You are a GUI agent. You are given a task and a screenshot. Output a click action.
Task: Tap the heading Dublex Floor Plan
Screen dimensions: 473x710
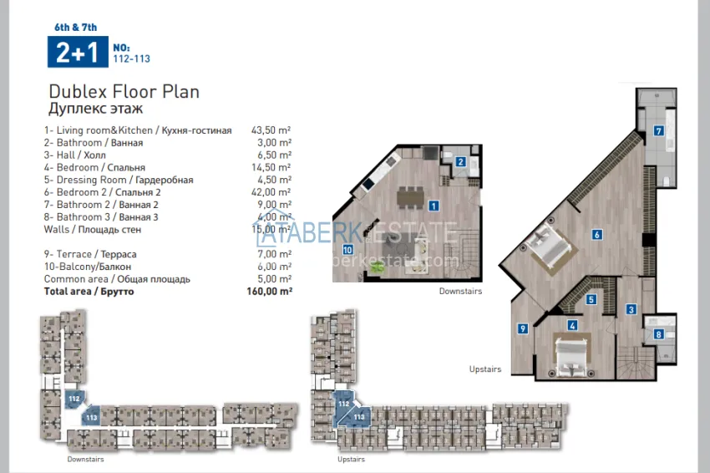pos(124,92)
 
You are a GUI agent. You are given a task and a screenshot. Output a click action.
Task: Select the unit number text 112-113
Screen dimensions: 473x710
pos(131,59)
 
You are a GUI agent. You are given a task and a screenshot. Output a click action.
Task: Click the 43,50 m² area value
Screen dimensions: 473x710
pos(271,130)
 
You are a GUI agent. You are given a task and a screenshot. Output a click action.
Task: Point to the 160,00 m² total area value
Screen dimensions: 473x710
pos(272,292)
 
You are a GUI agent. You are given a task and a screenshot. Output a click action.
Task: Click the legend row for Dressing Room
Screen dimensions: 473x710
pos(119,180)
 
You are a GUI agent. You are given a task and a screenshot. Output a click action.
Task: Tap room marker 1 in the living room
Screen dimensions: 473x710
pos(434,205)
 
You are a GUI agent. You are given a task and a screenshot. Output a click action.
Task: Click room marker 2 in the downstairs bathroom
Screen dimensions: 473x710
pos(460,162)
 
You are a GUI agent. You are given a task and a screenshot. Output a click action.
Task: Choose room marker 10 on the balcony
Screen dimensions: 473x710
pos(347,249)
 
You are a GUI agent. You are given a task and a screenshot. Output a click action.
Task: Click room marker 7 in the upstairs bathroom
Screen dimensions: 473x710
pos(658,130)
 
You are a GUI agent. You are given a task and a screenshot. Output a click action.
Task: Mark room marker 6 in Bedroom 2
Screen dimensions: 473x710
pos(596,235)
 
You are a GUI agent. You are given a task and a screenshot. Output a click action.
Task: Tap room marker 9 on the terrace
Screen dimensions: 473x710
pos(522,328)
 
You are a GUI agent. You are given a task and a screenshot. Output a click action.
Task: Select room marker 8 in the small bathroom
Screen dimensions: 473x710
pos(658,335)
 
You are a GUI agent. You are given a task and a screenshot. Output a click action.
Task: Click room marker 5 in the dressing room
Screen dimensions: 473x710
pos(591,299)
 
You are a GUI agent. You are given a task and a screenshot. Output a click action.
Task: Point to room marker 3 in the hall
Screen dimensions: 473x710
pos(631,310)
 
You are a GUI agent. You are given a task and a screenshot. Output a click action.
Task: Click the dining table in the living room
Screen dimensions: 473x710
pos(409,196)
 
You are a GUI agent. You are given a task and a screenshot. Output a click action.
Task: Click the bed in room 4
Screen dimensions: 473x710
pos(572,355)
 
